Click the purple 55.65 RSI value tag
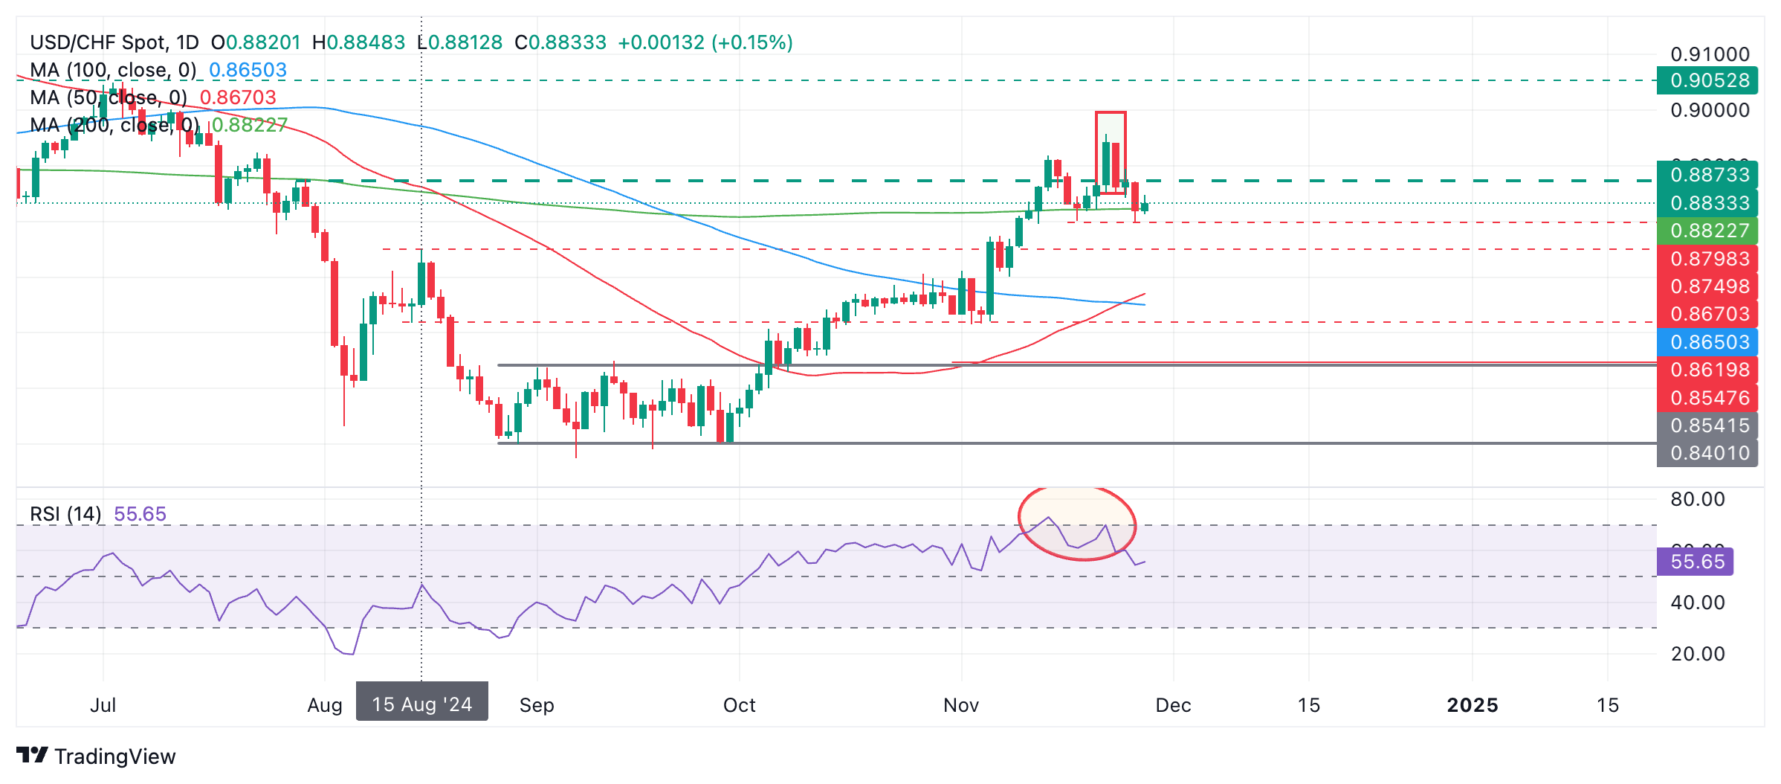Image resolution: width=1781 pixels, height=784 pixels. [1696, 562]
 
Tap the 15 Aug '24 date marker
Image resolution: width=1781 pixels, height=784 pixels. [421, 704]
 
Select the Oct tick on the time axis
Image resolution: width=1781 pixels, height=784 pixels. [739, 705]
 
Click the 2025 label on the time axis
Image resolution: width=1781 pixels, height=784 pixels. [1472, 705]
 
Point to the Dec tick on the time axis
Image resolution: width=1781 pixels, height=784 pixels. [1173, 705]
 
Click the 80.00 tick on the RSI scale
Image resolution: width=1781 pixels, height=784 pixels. [1698, 499]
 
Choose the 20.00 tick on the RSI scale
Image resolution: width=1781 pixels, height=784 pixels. [1698, 654]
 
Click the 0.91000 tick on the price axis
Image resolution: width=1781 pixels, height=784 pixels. [1710, 54]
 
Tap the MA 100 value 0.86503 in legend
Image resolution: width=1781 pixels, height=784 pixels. [248, 70]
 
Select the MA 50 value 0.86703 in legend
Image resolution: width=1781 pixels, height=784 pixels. [238, 97]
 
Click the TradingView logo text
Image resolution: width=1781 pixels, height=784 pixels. [114, 756]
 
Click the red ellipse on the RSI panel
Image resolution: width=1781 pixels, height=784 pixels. [1076, 523]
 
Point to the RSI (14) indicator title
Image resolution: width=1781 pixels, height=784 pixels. [65, 514]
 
